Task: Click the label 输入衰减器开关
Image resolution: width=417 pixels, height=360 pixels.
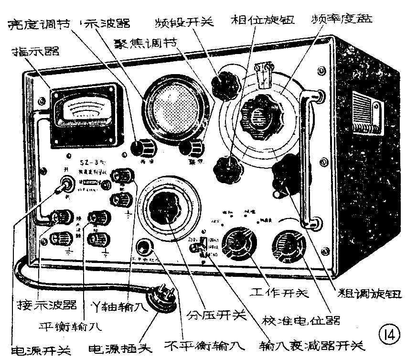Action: (310, 346)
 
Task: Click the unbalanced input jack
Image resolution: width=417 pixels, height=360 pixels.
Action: (143, 247)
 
